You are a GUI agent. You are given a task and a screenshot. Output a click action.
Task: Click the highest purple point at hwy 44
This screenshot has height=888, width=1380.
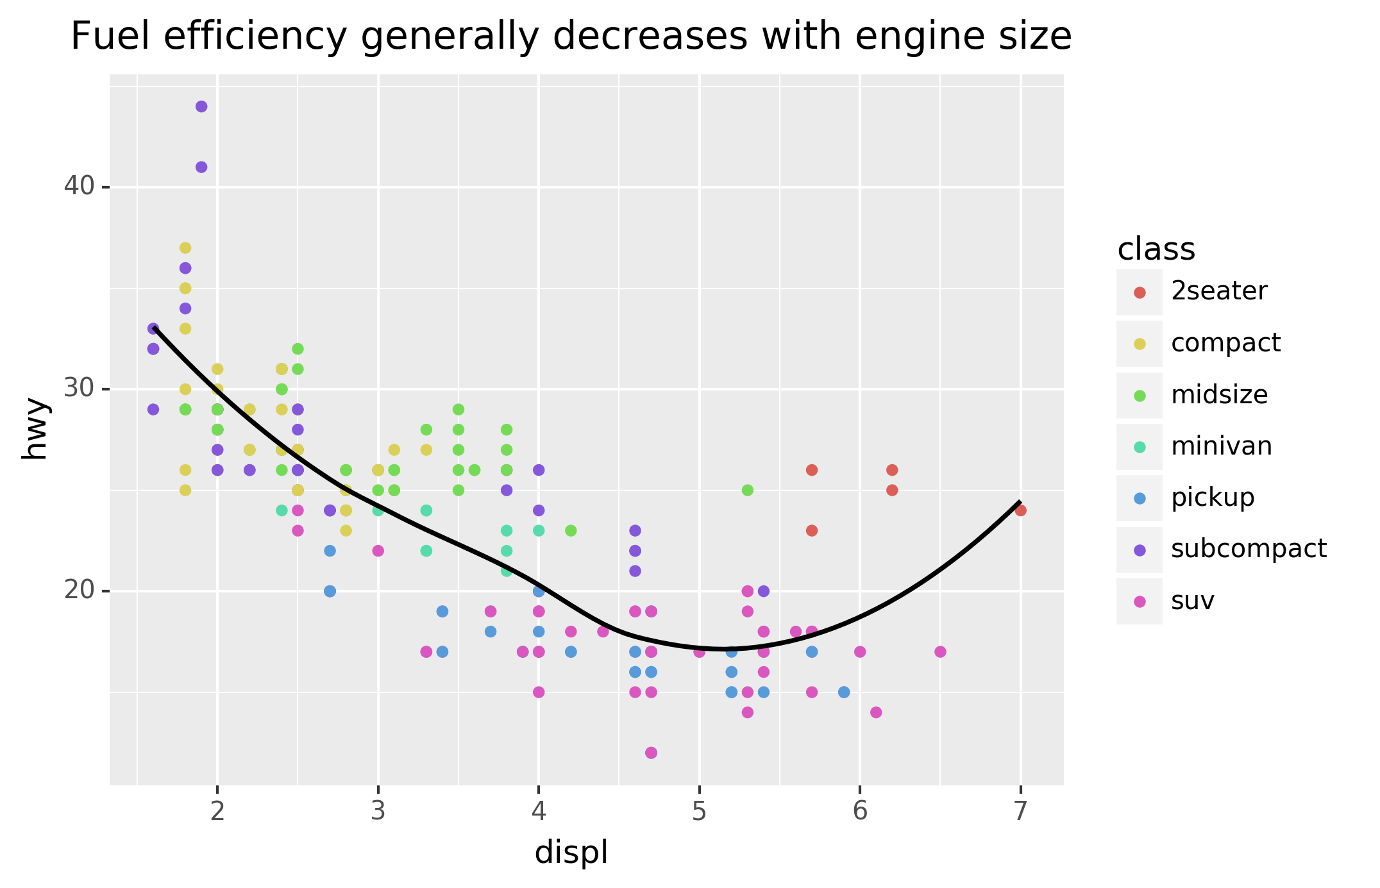[x=201, y=106]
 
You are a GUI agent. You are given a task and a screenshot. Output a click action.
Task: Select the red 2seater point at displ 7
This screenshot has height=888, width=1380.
[x=1021, y=510]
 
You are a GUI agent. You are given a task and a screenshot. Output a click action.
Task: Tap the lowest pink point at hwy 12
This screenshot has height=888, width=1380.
[x=651, y=753]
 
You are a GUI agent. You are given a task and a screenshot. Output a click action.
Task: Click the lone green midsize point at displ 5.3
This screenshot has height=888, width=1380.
[x=747, y=490]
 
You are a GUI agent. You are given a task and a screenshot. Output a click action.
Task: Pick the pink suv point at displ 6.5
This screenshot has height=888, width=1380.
[x=940, y=652]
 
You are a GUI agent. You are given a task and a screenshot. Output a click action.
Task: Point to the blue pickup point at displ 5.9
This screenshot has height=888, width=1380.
[x=844, y=692]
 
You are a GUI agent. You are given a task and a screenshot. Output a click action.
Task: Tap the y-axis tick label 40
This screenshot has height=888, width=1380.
[x=78, y=187]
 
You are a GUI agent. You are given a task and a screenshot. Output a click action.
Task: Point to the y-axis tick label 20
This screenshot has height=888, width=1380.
[x=78, y=591]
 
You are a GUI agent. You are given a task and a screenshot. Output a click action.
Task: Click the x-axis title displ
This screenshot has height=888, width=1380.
[x=571, y=853]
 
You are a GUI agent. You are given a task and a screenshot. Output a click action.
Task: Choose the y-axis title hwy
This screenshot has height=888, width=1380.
[x=35, y=429]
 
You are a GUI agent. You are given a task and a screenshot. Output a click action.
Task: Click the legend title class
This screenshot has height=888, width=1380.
[x=1156, y=249]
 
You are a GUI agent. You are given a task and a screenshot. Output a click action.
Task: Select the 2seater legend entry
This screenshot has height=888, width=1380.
[x=1218, y=292]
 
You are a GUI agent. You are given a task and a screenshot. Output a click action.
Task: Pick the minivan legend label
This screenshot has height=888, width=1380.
[x=1221, y=446]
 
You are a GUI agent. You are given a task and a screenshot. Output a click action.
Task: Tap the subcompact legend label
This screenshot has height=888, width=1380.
[x=1248, y=549]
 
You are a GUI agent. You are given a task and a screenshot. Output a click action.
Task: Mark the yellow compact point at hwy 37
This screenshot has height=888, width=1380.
[x=185, y=248]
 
